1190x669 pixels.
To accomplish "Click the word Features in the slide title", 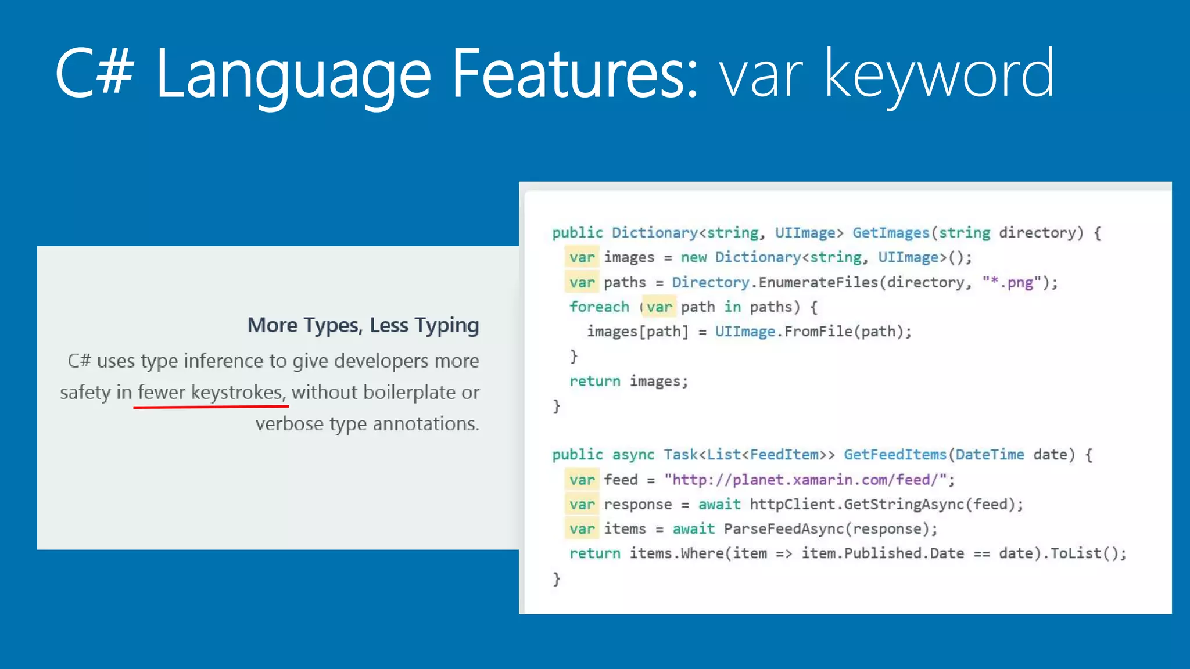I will coord(574,74).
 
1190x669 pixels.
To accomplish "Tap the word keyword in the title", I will coord(938,74).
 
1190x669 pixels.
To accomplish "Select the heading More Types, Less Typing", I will coord(363,325).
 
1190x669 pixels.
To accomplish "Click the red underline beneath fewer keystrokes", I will coord(211,407).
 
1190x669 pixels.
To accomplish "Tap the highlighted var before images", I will coord(582,257).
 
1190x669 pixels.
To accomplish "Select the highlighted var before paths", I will coord(582,283).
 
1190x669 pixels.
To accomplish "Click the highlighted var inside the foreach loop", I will coord(659,307).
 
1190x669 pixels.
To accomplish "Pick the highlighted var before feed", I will coord(582,480).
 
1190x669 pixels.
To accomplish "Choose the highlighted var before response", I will coord(582,505).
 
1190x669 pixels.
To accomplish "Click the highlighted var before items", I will coord(582,529).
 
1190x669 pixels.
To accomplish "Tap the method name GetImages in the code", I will coord(891,233).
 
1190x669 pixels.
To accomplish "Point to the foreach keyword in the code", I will coord(599,307).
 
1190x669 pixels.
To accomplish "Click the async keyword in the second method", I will coord(633,455).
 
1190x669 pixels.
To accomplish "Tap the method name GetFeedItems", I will coord(895,455).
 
